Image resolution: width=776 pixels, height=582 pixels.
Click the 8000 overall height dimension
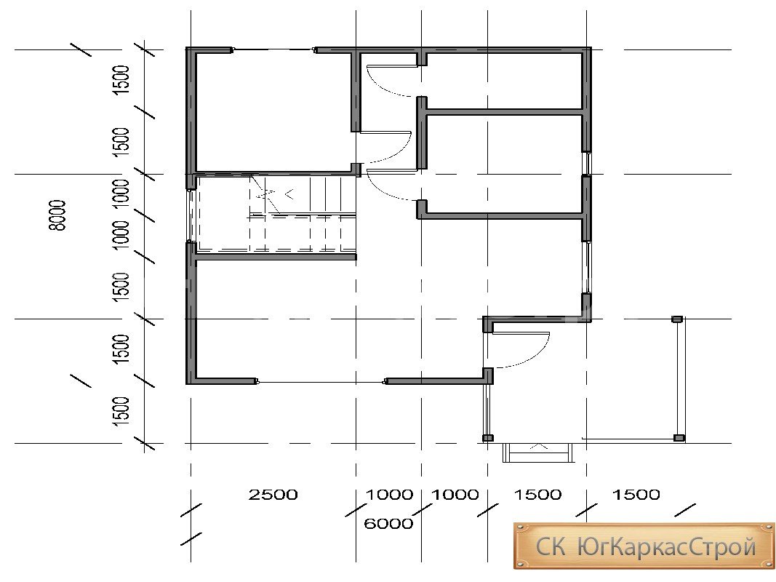tap(57, 215)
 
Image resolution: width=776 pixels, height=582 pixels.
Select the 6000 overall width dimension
tap(388, 524)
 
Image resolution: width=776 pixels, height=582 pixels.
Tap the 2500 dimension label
tap(273, 495)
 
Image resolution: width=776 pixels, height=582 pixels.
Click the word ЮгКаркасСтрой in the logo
tap(667, 547)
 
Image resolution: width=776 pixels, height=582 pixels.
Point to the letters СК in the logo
tap(551, 547)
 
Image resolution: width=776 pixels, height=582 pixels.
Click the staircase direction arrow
tap(289, 194)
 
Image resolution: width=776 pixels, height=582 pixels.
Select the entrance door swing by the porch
tap(521, 350)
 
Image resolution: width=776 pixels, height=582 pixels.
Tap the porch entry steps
tap(539, 453)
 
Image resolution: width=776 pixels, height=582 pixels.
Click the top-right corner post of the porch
tap(677, 319)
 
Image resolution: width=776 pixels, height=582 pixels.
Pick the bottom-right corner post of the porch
tap(679, 438)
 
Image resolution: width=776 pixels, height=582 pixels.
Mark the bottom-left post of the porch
tap(488, 438)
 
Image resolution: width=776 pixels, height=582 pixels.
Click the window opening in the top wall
tap(273, 49)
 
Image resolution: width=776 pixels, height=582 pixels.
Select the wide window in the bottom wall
tap(321, 381)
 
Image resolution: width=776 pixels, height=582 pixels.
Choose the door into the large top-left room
tap(386, 147)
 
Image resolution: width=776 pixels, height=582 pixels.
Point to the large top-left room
tap(273, 112)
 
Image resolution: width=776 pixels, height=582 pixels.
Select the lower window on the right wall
tap(587, 267)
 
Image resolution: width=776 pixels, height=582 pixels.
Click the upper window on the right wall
tap(587, 164)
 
